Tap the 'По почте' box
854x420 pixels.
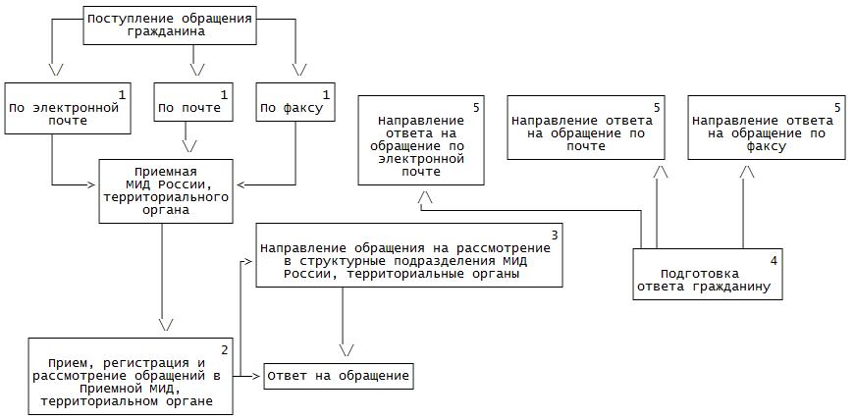[x=194, y=101]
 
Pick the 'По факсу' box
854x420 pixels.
[x=294, y=101]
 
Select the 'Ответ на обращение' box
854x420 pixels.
[x=338, y=377]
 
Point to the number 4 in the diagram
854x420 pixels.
[x=774, y=261]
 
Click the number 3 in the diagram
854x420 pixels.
[x=555, y=235]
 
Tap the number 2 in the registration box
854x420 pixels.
[x=224, y=349]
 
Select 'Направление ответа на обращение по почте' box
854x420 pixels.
[x=586, y=128]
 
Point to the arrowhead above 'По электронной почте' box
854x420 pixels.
[x=56, y=70]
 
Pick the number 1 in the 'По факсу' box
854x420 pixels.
[x=325, y=93]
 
